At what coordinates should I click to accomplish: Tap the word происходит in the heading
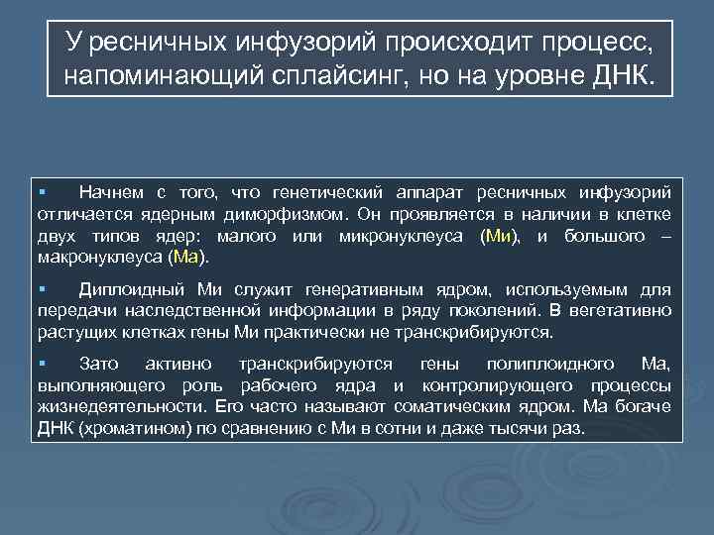(417, 43)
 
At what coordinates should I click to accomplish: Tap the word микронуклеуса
(402, 236)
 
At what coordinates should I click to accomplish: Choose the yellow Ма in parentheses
(185, 258)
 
